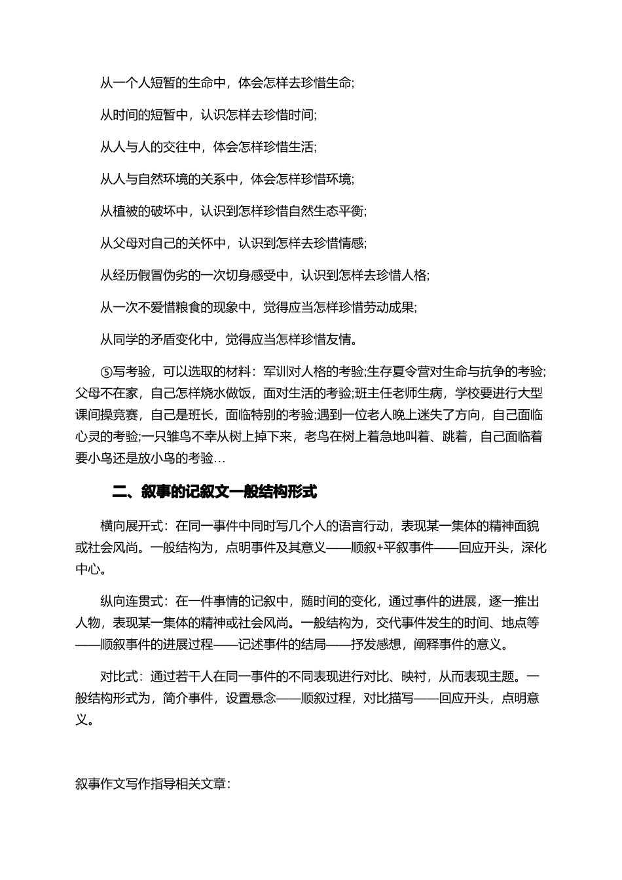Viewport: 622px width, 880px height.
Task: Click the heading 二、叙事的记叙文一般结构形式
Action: pyautogui.click(x=215, y=492)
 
